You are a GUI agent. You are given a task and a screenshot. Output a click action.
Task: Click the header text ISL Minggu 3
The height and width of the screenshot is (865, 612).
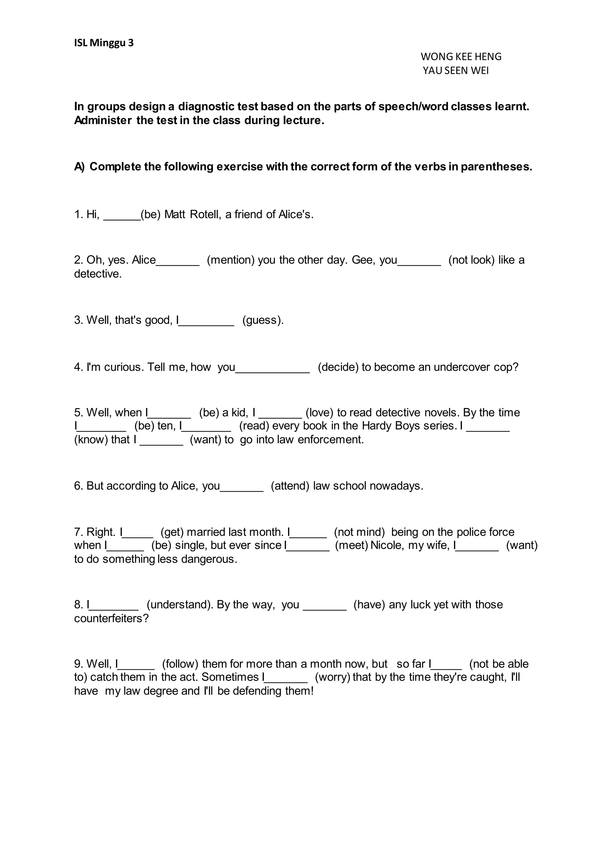click(x=104, y=43)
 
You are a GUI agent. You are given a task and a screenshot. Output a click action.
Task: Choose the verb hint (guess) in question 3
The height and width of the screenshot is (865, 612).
click(x=262, y=320)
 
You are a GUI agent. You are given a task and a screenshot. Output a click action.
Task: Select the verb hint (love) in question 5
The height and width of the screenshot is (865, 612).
click(x=319, y=412)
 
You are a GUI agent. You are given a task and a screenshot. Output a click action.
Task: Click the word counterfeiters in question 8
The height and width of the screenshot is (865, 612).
click(x=111, y=618)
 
